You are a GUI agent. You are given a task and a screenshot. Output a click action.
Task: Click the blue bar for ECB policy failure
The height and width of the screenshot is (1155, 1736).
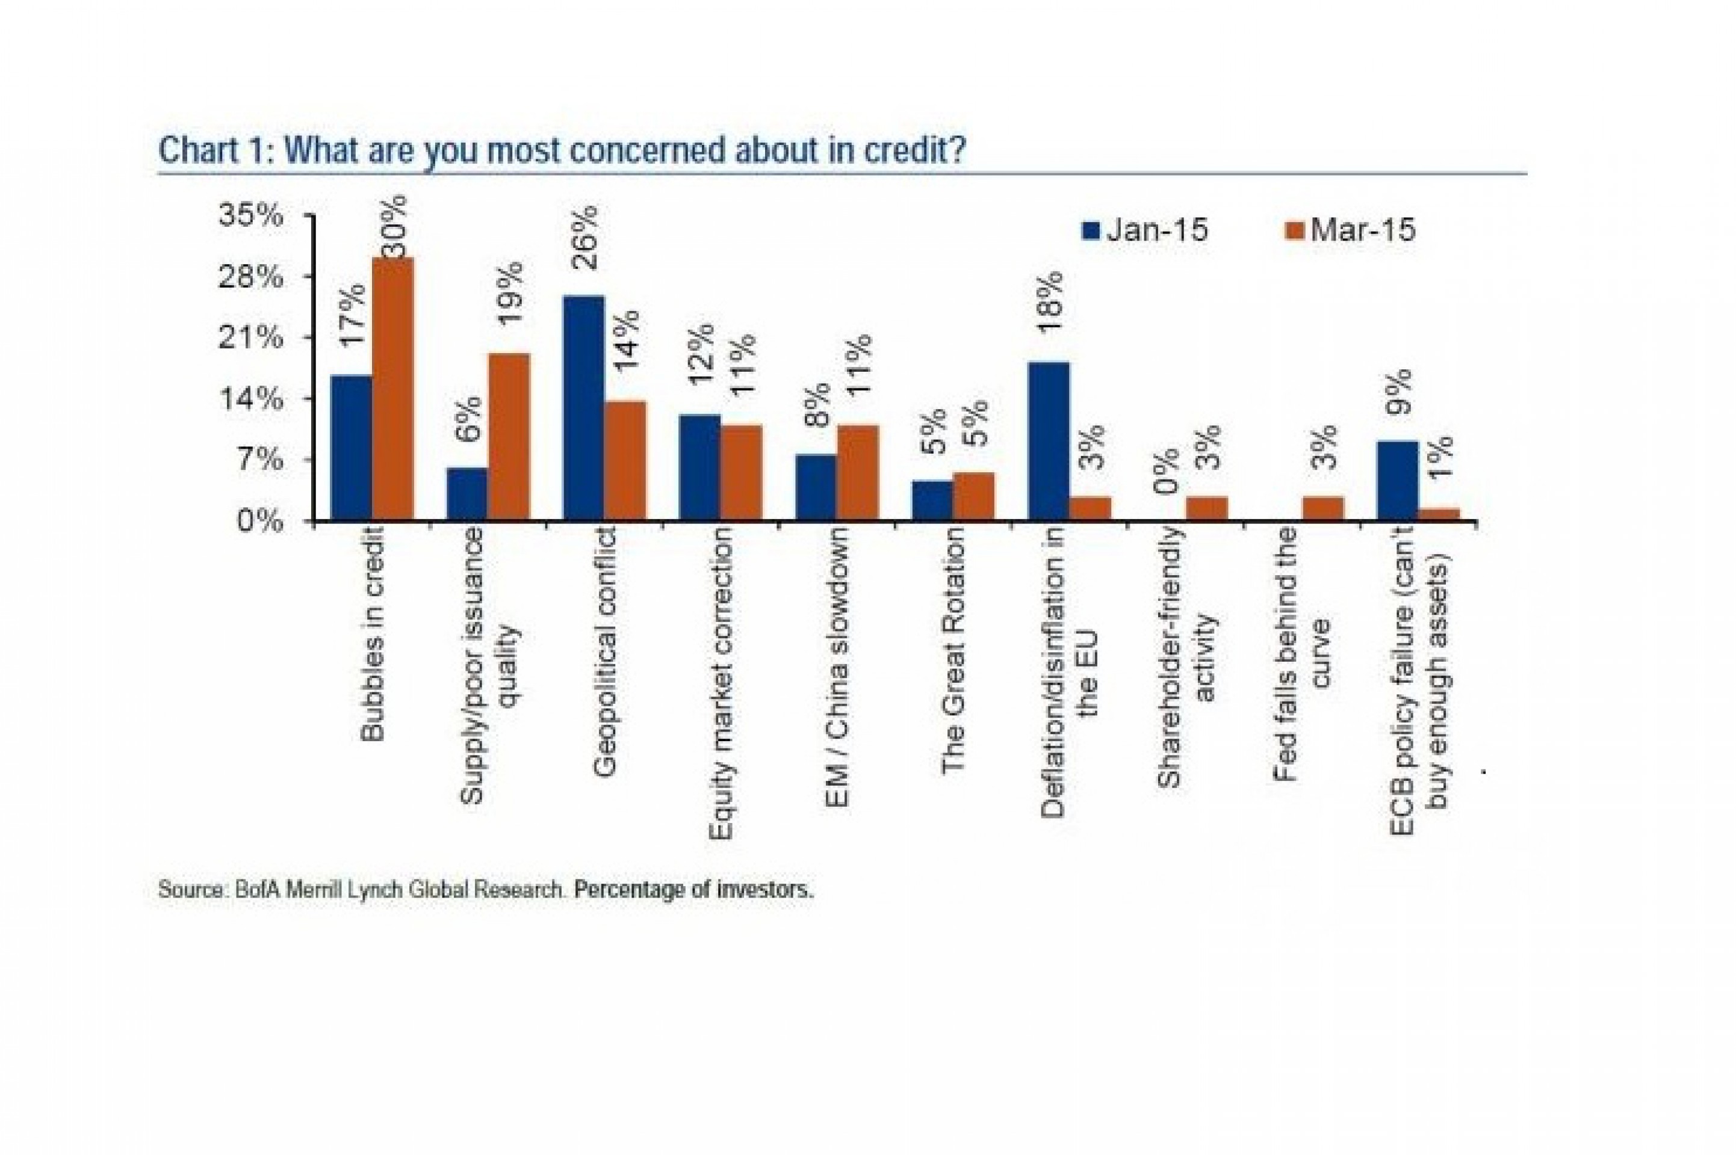pos(1397,480)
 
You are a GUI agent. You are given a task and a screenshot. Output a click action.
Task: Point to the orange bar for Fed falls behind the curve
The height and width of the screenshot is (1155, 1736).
pos(1322,508)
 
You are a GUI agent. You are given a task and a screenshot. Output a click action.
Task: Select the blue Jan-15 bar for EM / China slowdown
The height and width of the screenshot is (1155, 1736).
pos(816,488)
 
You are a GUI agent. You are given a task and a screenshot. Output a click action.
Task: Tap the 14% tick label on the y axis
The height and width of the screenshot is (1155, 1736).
pos(251,399)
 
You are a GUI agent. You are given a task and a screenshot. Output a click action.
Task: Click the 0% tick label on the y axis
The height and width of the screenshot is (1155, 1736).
pos(259,522)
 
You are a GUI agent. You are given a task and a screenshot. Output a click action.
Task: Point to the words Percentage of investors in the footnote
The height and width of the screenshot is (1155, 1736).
pos(693,890)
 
